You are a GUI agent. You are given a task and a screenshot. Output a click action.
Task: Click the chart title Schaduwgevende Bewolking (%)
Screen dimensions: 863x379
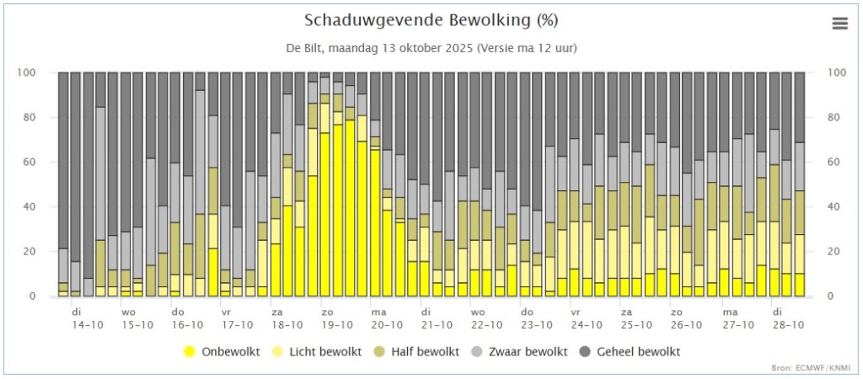[431, 21]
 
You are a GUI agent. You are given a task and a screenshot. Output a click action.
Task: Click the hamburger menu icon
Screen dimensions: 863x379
[840, 24]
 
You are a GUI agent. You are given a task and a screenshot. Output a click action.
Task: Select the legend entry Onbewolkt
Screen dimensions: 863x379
[222, 351]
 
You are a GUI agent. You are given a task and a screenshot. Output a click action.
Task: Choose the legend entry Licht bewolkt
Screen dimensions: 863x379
[318, 351]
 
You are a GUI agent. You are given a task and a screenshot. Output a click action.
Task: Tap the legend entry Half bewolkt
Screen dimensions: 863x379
[416, 351]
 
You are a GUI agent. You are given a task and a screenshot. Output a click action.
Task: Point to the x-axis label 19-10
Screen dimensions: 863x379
[338, 325]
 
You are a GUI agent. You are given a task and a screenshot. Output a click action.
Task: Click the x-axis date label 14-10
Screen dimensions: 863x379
[88, 325]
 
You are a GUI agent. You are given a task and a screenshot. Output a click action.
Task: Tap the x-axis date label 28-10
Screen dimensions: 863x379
[789, 325]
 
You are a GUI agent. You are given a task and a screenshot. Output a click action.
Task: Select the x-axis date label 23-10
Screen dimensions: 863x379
[537, 325]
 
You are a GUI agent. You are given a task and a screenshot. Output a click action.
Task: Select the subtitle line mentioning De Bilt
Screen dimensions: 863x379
[431, 48]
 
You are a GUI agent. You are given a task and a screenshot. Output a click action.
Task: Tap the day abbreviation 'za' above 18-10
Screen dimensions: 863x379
[276, 312]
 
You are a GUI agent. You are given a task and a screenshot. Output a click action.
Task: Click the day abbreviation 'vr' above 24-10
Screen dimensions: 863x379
[576, 312]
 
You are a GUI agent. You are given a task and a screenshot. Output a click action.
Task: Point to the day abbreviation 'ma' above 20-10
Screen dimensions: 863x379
[378, 312]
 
